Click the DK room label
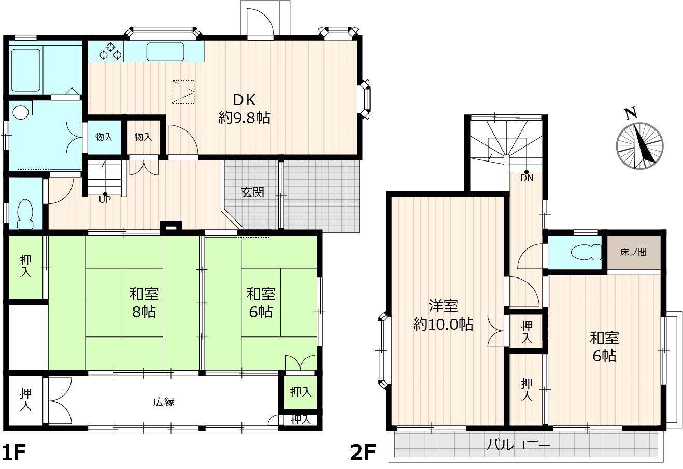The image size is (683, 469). (244, 109)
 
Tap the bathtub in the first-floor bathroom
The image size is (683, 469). (26, 70)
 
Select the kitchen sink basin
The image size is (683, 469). (165, 52)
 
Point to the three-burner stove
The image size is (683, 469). (110, 51)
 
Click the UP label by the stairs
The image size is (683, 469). (105, 200)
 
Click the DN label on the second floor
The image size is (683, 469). (527, 178)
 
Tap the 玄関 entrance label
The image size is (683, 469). (252, 193)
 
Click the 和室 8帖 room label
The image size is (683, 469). (144, 303)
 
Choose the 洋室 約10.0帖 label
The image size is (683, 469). (443, 315)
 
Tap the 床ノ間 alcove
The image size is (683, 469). (634, 252)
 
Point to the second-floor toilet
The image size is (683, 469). (586, 252)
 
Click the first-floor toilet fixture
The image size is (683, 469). (25, 214)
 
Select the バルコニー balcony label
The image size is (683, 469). (518, 446)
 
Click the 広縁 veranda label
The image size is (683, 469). (164, 402)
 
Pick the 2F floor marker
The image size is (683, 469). (363, 452)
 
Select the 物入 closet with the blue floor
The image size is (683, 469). (104, 137)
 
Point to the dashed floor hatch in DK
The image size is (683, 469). (183, 92)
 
